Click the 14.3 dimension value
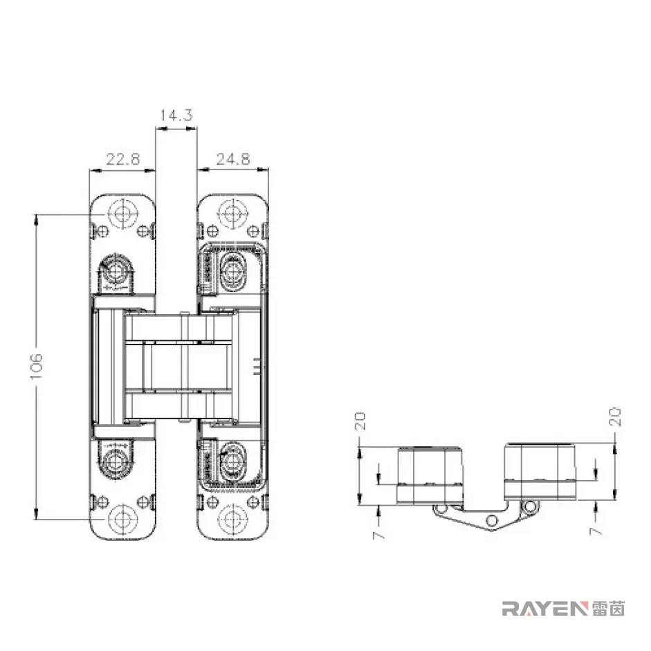tap(176, 115)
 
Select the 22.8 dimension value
tap(123, 159)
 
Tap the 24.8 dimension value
tap(233, 159)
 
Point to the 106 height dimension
tap(37, 366)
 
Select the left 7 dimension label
tap(378, 535)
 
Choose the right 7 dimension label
tap(596, 531)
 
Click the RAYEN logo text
tap(545, 609)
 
